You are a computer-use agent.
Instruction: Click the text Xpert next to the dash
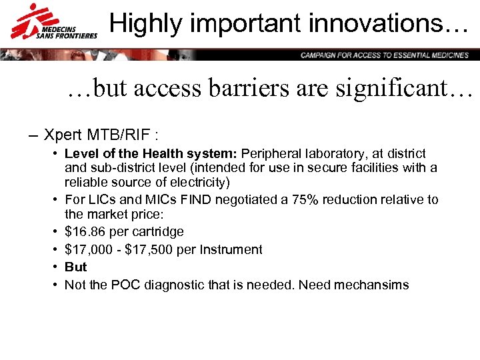[63, 135]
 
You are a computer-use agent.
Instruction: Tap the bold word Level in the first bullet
[81, 154]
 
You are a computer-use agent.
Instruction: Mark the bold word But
[75, 267]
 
